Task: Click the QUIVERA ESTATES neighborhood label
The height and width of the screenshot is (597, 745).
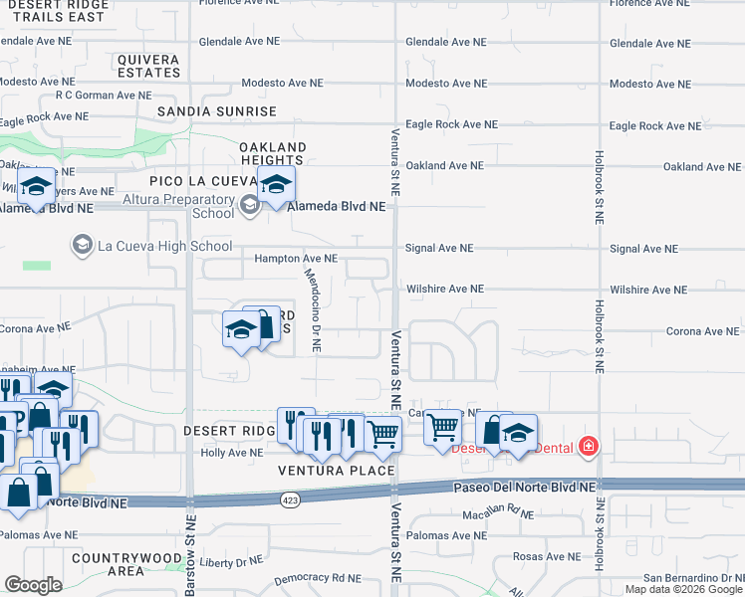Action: (148, 66)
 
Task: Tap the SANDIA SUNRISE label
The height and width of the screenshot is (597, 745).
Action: (215, 111)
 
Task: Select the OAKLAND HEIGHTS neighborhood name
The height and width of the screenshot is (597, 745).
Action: (271, 153)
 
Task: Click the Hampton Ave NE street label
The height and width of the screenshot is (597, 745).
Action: (296, 259)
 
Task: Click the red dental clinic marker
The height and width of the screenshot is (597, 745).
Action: (589, 445)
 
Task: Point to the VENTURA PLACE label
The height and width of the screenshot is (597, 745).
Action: (336, 470)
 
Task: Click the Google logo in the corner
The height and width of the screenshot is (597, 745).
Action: (33, 585)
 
